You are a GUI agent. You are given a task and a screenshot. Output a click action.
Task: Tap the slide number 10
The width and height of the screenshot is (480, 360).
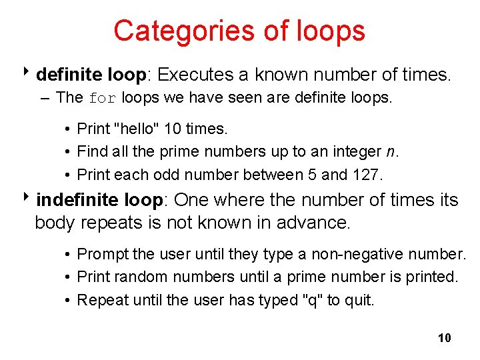tap(445, 338)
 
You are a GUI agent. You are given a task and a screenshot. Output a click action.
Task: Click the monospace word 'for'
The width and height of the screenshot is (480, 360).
tap(102, 99)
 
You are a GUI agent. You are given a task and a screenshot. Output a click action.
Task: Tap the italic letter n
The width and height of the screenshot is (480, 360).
tap(391, 152)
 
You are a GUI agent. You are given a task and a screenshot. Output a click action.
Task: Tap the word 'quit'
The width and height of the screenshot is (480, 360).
tap(360, 300)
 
